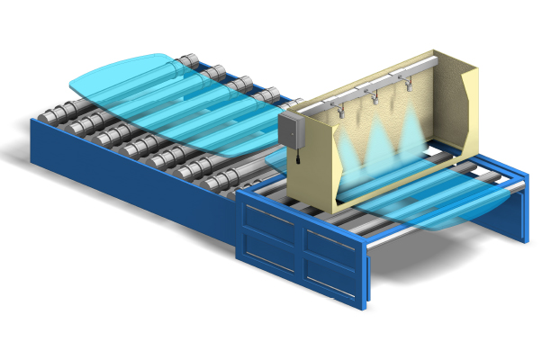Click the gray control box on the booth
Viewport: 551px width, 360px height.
(x=294, y=131)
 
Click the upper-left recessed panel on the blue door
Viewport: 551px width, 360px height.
(x=270, y=218)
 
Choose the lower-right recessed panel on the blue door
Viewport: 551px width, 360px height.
(x=329, y=274)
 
